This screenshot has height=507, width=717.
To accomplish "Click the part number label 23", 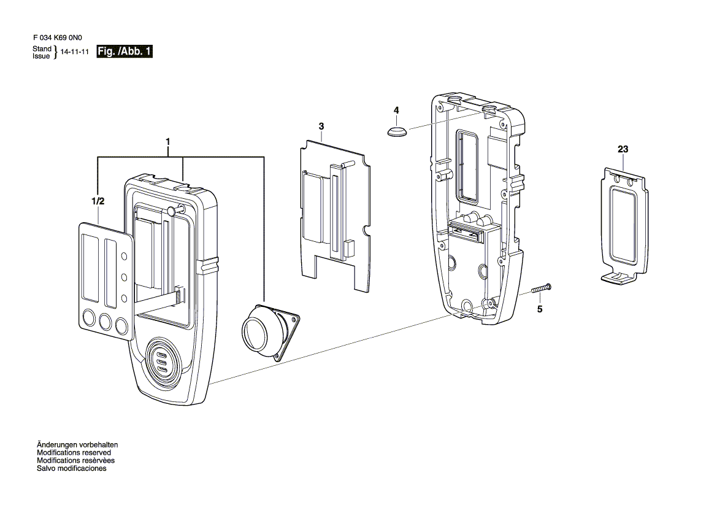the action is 623,149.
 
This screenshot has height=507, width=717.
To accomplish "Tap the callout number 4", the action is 396,110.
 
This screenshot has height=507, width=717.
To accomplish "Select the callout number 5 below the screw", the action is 540,309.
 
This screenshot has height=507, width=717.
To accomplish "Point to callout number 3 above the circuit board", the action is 321,126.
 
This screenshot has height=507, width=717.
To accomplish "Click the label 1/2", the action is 98,201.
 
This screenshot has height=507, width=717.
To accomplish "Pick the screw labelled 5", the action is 542,288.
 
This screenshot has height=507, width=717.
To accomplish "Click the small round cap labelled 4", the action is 397,132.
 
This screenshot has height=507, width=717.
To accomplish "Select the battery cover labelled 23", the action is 624,225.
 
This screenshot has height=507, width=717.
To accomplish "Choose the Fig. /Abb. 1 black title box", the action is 125,51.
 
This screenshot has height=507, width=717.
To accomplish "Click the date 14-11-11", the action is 75,52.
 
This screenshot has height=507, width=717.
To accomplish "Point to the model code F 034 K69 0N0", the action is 58,38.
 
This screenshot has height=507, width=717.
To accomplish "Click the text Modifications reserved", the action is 74,452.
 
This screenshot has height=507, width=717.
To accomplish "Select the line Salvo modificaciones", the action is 72,468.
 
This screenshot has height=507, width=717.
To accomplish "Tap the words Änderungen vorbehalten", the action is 77,444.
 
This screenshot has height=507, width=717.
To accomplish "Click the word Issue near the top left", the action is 41,56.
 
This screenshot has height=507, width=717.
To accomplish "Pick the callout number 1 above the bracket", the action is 168,142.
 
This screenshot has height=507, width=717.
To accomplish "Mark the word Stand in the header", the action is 42,48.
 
